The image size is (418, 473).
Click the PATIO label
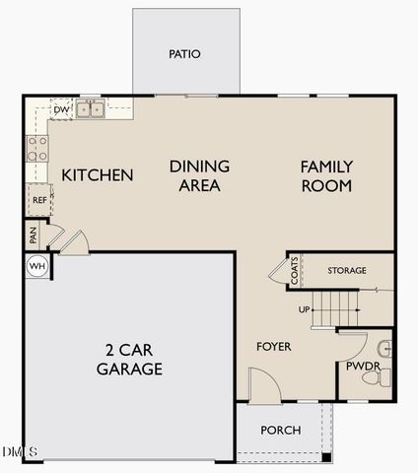tap(184, 53)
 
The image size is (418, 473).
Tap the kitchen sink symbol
tap(92, 108)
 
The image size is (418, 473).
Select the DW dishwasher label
tap(61, 110)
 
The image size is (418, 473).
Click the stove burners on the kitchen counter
tap(37, 149)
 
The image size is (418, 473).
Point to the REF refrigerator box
tap(39, 200)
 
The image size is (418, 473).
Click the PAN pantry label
tap(34, 236)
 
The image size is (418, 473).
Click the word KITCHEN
tap(98, 175)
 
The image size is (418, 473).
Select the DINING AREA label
tap(199, 175)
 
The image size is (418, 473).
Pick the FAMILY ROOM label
tap(326, 175)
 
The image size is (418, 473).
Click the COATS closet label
tap(295, 271)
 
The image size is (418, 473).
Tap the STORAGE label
tap(346, 270)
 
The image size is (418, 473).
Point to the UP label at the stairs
tap(306, 309)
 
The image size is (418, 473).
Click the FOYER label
tap(274, 347)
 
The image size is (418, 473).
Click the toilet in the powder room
tap(381, 375)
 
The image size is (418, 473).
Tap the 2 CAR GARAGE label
tap(129, 360)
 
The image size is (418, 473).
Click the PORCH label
tap(280, 431)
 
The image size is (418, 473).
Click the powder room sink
tap(385, 347)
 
